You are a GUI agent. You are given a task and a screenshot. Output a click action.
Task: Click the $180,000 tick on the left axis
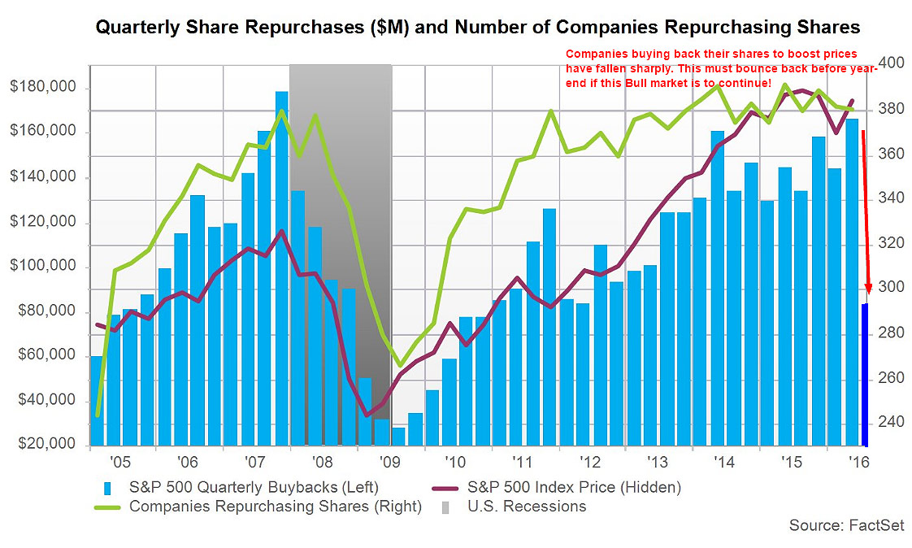(47, 88)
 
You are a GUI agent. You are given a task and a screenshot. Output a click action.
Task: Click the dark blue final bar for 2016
(865, 374)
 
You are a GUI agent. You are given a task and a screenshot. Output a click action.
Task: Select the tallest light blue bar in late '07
(281, 268)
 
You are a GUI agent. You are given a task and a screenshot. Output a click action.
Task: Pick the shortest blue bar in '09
(398, 437)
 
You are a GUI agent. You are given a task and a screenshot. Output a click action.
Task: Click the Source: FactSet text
(845, 526)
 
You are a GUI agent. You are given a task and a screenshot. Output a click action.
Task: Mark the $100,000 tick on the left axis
(47, 267)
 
